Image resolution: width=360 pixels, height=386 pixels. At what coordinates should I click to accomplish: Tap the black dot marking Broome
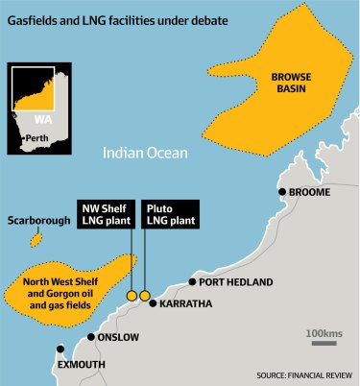click(281, 192)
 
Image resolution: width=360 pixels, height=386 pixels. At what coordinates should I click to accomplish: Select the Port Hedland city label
click(236, 282)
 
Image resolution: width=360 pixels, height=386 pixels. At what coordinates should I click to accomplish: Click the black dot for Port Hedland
click(192, 282)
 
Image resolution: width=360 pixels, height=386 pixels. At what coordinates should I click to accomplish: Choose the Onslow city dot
click(91, 337)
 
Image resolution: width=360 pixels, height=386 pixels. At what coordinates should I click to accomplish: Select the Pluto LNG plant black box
click(168, 214)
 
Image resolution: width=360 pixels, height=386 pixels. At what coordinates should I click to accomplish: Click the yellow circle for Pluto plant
click(146, 295)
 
